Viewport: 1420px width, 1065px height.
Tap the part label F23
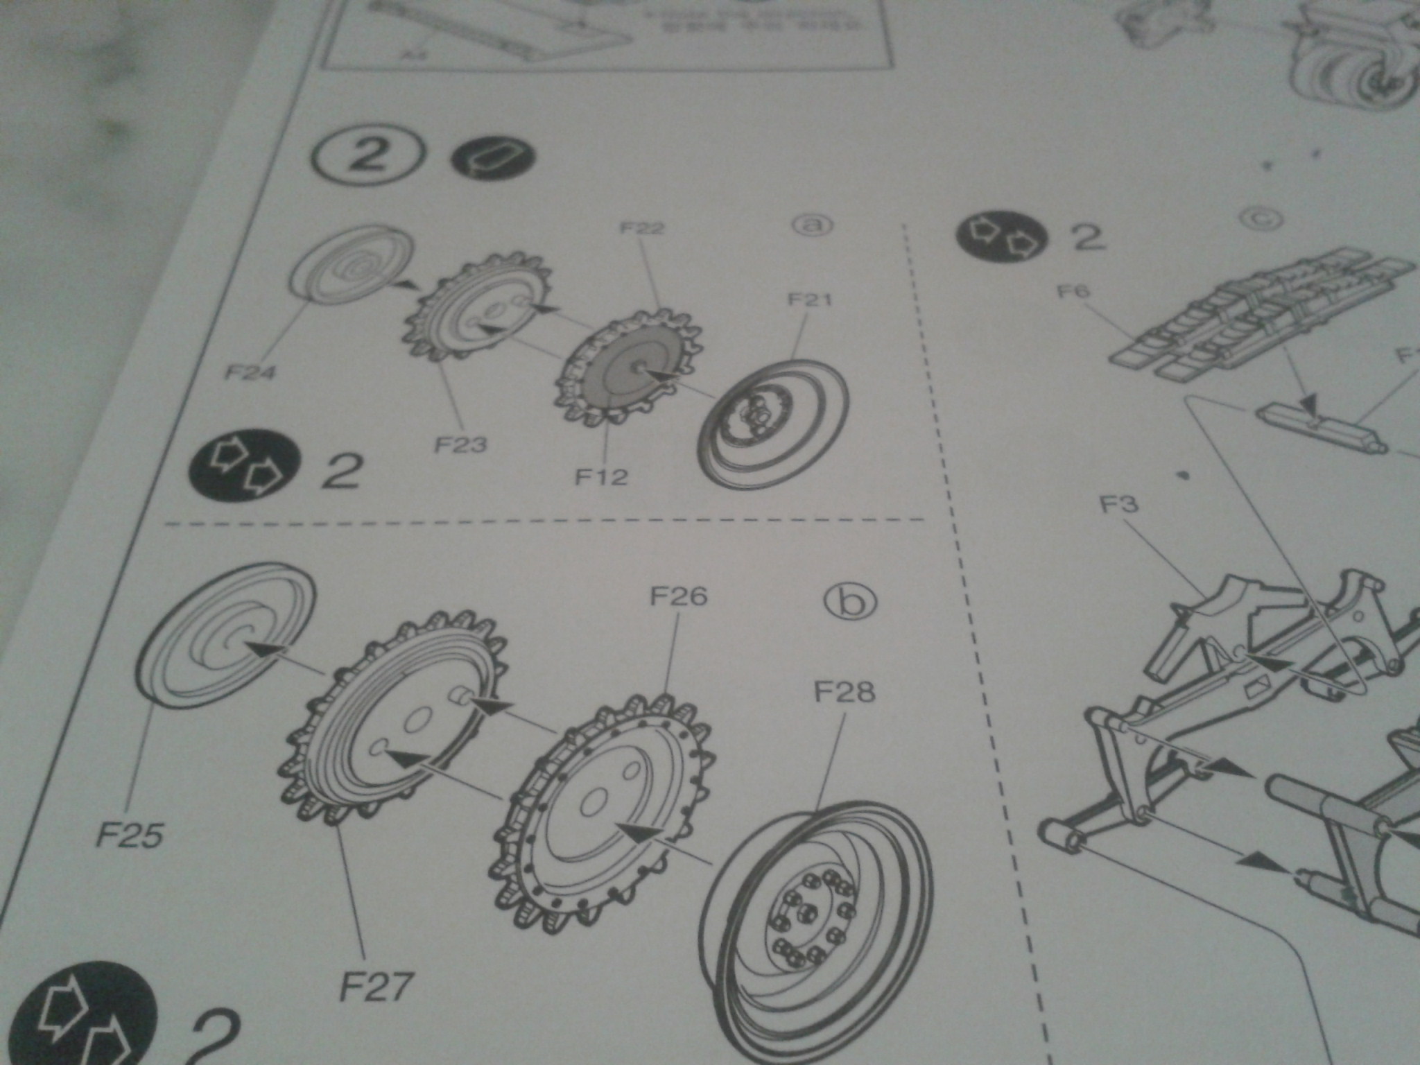[x=460, y=444]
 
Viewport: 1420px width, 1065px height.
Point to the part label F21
[x=809, y=300]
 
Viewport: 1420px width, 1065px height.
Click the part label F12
[x=602, y=476]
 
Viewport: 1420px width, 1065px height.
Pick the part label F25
[x=130, y=836]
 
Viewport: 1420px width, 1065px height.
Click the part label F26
[x=678, y=596]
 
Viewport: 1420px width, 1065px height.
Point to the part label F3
[x=1120, y=504]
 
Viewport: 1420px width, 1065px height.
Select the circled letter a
[x=813, y=225]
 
